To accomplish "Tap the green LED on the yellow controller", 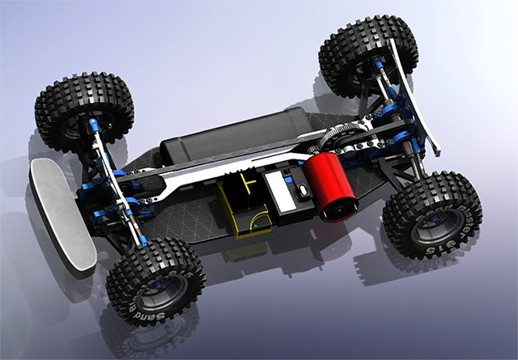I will (x=253, y=227).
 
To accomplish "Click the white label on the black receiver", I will (x=283, y=191).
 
